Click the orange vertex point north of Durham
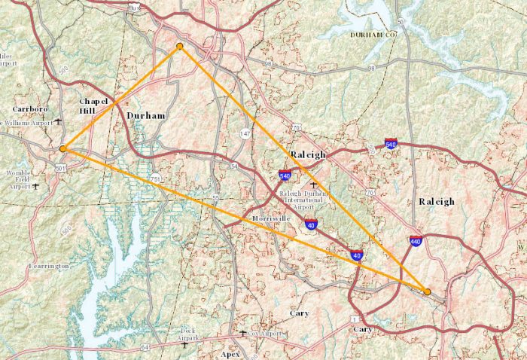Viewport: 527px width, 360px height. [x=179, y=47]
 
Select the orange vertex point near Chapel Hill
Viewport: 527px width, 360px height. [x=63, y=148]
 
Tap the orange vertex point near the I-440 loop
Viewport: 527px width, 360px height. [x=427, y=291]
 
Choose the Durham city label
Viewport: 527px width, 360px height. [x=146, y=115]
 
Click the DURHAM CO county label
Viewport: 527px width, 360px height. [x=370, y=35]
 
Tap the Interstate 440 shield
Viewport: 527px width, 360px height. [x=415, y=241]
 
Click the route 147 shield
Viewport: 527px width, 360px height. [x=245, y=133]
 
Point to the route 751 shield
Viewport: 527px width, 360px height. [x=155, y=178]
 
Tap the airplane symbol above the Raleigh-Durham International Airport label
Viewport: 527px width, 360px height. [x=314, y=184]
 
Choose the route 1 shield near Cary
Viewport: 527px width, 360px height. [x=354, y=319]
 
